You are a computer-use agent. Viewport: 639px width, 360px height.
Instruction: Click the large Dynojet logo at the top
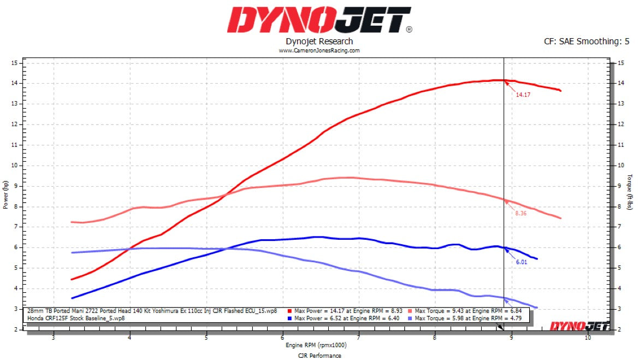click(319, 20)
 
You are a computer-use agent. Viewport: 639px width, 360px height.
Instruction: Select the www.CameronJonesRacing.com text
click(319, 50)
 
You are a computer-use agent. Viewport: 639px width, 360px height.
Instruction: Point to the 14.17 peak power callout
click(523, 95)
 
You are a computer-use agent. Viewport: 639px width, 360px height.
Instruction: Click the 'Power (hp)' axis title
click(6, 196)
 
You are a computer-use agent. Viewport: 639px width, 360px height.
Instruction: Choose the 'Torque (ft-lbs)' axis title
click(630, 195)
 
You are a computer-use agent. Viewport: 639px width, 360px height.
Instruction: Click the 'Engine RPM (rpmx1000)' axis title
click(319, 345)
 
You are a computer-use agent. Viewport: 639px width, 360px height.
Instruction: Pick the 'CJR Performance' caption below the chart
click(319, 356)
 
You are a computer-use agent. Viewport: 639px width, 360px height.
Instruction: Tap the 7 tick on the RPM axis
click(359, 338)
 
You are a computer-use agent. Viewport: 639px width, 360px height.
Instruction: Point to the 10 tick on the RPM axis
click(588, 338)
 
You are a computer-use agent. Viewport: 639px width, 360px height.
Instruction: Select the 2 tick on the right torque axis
click(620, 329)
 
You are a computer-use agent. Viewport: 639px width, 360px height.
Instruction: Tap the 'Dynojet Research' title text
click(319, 42)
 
